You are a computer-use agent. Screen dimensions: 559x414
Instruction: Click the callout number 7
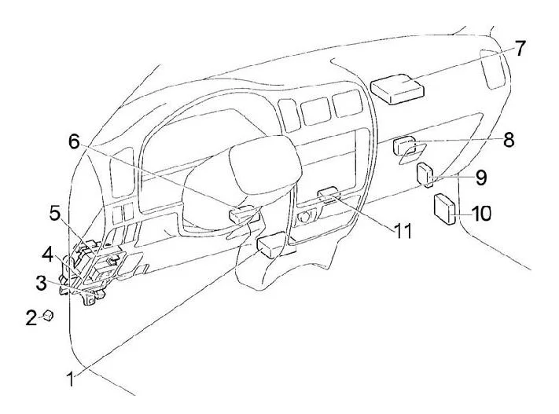[x=520, y=49]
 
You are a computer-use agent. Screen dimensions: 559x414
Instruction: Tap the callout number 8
[x=509, y=140]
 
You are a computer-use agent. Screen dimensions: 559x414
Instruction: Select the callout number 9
[x=481, y=177]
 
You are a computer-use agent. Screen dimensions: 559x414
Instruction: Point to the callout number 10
[x=481, y=213]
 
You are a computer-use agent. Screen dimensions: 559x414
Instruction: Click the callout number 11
[x=403, y=231]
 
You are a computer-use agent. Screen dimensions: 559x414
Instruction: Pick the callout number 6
[x=74, y=142]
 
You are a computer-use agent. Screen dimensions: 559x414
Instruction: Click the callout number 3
[x=41, y=284]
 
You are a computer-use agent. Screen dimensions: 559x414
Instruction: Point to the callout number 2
[x=31, y=317]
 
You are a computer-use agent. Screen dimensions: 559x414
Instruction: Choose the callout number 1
[x=71, y=379]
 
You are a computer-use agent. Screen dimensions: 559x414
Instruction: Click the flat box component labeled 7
[x=397, y=89]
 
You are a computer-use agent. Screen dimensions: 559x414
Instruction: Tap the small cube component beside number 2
[x=48, y=315]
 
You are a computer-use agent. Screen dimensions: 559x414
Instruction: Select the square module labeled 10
[x=444, y=208]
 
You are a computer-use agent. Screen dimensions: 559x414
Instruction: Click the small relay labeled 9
[x=425, y=174]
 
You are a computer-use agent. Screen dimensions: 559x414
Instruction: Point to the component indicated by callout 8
[x=403, y=145]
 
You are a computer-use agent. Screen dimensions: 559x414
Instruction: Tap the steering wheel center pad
[x=264, y=165]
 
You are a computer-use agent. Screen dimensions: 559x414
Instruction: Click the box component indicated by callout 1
[x=272, y=245]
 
